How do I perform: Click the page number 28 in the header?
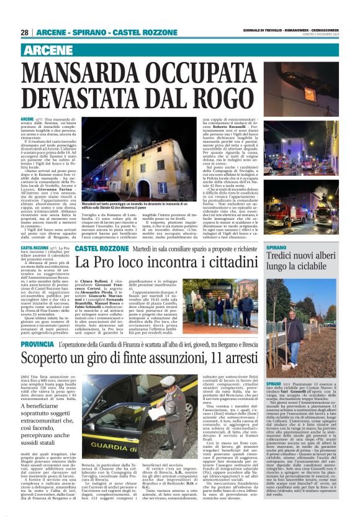point(24,32)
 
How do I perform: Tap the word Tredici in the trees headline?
point(287,257)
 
